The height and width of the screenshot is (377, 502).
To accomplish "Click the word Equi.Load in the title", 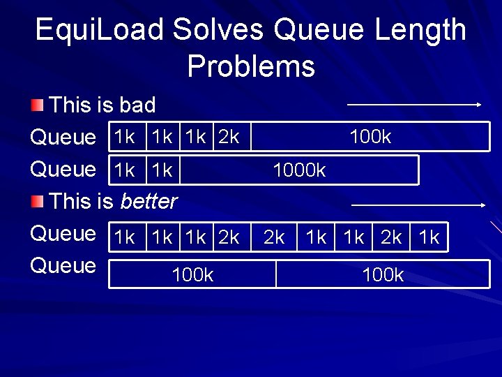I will tap(99, 30).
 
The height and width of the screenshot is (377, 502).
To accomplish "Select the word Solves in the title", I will tap(218, 30).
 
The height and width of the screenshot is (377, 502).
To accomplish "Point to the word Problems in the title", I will tap(251, 67).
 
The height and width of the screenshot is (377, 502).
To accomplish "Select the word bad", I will tap(137, 105).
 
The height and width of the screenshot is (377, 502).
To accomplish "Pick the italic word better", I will tap(149, 202).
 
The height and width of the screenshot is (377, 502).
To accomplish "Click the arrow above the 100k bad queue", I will tap(414, 105).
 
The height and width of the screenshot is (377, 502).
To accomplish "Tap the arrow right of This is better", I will tap(418, 205).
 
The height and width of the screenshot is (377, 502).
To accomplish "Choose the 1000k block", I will tap(300, 170).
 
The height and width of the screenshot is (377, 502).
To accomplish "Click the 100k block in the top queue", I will tap(370, 137).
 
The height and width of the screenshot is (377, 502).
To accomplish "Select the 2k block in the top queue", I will tap(229, 137).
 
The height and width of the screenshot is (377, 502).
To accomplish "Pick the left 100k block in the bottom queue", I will tap(192, 274).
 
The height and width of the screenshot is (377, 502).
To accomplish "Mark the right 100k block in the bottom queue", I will tap(383, 274).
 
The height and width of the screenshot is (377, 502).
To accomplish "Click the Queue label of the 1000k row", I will tap(63, 169).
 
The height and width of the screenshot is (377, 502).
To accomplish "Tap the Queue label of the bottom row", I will tap(63, 265).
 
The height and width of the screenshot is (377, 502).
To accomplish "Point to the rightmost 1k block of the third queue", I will tap(429, 237).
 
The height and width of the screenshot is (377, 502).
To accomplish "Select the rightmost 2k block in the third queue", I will tap(391, 237).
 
